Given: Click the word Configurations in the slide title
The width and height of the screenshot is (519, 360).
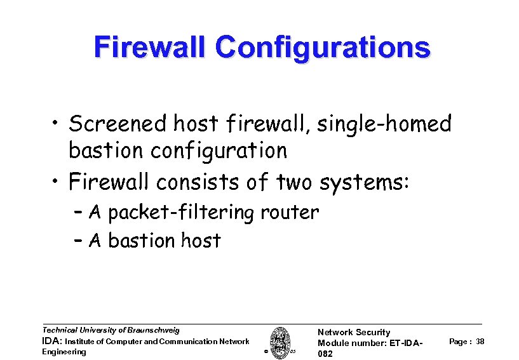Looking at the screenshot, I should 322,48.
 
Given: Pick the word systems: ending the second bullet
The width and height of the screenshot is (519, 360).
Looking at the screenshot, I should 367,182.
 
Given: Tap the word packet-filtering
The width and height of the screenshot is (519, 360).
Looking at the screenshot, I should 182,212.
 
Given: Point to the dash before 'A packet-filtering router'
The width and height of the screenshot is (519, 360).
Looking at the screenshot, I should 79,213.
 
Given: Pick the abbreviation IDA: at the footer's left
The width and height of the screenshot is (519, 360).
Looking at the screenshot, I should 51,342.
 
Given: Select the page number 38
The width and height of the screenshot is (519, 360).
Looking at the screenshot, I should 480,342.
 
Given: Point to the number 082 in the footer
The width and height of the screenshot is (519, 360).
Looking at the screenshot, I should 325,354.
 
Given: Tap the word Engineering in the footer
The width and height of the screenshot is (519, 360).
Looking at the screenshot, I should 64,352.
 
